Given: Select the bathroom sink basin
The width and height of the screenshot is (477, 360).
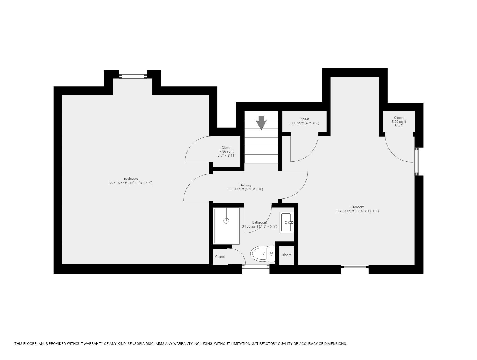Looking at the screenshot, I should tap(286, 222).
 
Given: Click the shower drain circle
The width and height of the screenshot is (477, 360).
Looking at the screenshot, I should tap(226, 221).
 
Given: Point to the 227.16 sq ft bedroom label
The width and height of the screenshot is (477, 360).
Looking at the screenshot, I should tap(131, 181).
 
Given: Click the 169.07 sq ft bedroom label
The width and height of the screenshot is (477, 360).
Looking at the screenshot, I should tap(357, 209).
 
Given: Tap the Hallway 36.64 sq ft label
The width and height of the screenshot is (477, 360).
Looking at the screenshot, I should tap(245, 187).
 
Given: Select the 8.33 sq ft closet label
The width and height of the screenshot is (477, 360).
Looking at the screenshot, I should tap(304, 121).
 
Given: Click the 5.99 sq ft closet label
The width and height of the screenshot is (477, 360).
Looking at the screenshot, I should tap(399, 122).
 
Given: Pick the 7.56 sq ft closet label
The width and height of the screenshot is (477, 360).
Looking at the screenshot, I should tap(226, 151).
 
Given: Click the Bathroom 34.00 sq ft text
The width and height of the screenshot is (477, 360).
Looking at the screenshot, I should tap(259, 224).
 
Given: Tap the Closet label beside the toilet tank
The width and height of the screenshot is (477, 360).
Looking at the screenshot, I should tap(286, 255).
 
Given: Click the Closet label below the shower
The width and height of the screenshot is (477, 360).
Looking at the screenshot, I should tap(220, 257).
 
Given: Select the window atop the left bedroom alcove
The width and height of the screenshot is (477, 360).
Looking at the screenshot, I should tap(133, 76).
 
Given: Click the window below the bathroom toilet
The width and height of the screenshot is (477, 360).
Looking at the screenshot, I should tap(256, 267).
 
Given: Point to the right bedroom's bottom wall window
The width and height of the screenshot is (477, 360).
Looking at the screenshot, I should tap(355, 267).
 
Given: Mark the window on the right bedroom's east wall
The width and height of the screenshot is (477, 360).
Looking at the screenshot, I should tap(417, 161).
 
